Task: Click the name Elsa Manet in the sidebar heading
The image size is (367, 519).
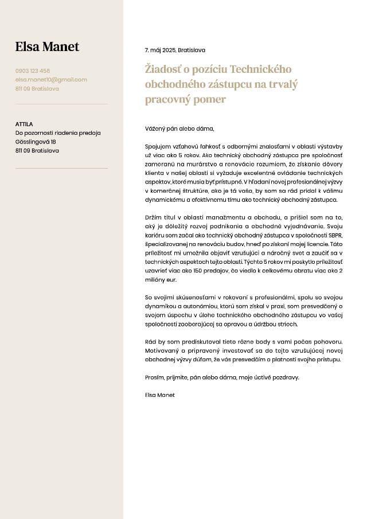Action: pos(47,47)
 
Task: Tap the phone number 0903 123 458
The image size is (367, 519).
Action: pos(33,71)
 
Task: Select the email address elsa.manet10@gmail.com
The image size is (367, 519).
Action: pos(51,80)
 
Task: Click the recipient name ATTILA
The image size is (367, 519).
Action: pos(24,124)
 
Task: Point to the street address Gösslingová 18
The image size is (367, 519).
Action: pos(36,142)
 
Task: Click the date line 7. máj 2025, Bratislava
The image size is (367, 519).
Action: pos(175,50)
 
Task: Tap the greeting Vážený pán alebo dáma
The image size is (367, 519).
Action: pos(179,129)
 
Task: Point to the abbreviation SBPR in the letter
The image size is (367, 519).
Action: pos(334,235)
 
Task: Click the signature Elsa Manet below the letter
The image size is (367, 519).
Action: pos(160,395)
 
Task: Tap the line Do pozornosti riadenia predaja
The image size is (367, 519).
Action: pos(58,133)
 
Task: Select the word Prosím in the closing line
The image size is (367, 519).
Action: pos(154,377)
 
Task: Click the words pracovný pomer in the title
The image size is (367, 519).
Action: pos(185,99)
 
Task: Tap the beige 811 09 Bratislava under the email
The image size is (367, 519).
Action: pos(37,89)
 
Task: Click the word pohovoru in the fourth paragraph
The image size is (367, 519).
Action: pos(327,342)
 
